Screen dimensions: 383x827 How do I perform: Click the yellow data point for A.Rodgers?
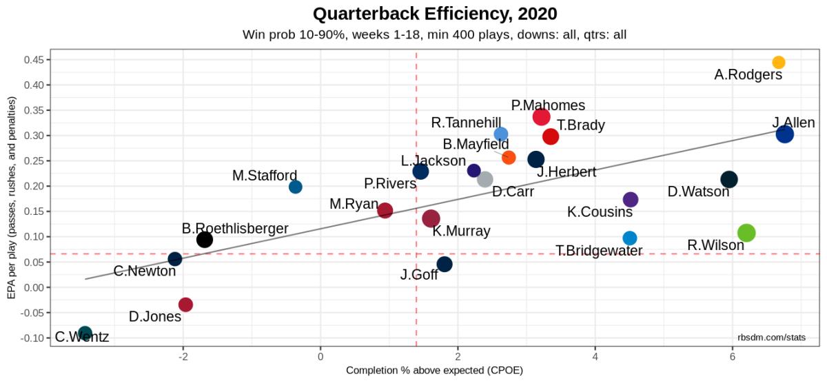click(x=778, y=63)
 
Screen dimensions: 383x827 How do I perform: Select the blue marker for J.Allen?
click(x=784, y=134)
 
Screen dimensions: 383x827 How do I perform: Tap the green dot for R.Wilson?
click(x=746, y=233)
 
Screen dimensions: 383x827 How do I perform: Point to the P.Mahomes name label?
click(x=548, y=105)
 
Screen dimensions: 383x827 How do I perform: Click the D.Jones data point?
click(x=185, y=304)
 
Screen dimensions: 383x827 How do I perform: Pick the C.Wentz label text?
click(x=82, y=338)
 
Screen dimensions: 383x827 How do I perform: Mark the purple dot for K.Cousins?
click(x=630, y=200)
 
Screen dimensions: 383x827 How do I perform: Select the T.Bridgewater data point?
click(x=629, y=238)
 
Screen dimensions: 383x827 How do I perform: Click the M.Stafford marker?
click(x=295, y=187)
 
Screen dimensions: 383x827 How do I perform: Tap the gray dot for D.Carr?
click(x=485, y=180)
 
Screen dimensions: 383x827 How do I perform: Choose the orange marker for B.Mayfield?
click(x=509, y=158)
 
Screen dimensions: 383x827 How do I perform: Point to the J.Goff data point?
click(x=445, y=264)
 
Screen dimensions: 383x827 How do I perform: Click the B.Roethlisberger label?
click(x=235, y=228)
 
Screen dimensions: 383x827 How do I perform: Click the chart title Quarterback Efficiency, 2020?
click(x=434, y=14)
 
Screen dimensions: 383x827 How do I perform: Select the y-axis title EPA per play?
click(x=12, y=198)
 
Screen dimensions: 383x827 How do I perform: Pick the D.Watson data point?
click(x=728, y=179)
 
